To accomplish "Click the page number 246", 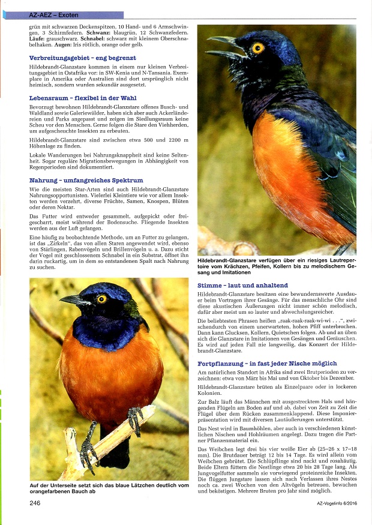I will tap(35, 503).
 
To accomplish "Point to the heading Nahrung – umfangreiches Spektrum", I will tap(86, 180).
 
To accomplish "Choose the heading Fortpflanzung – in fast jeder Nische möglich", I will tap(267, 364).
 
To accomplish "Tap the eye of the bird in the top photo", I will tap(258, 47).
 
